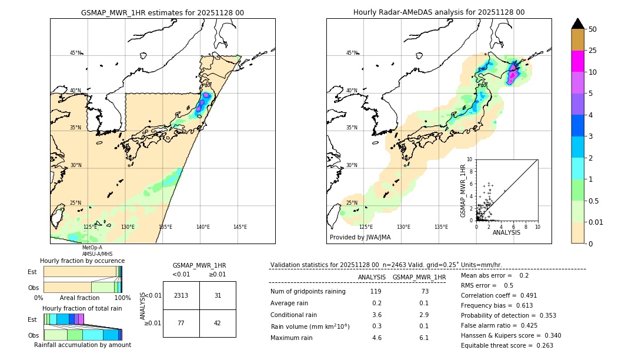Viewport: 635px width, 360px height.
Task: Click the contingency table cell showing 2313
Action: coord(181,295)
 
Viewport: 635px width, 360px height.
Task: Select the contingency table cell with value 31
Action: coord(218,295)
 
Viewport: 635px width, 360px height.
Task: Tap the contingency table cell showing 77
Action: coord(181,323)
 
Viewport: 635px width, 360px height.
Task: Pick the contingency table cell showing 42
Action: coord(218,323)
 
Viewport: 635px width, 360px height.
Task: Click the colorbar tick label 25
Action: coord(593,51)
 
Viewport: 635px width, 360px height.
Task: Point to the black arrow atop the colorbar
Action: coord(578,24)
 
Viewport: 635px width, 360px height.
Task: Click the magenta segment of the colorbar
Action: coord(578,61)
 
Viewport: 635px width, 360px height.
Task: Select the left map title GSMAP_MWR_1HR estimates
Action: coord(162,12)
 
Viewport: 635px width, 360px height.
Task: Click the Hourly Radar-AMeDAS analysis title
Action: coord(439,12)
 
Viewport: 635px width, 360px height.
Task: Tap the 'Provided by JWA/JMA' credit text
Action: coord(360,237)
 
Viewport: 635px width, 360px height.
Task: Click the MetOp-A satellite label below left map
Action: coord(92,248)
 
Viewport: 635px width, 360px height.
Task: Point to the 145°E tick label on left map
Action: coord(240,226)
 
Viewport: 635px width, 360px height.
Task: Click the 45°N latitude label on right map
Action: coord(352,53)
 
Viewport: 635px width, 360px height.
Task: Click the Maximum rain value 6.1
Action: coord(423,338)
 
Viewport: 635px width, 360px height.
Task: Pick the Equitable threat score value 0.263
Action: coord(543,345)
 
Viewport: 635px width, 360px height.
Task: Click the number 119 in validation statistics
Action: coord(376,291)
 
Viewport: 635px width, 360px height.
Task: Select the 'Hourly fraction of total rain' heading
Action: coord(82,308)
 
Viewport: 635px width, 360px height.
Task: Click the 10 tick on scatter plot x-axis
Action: coord(537,226)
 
